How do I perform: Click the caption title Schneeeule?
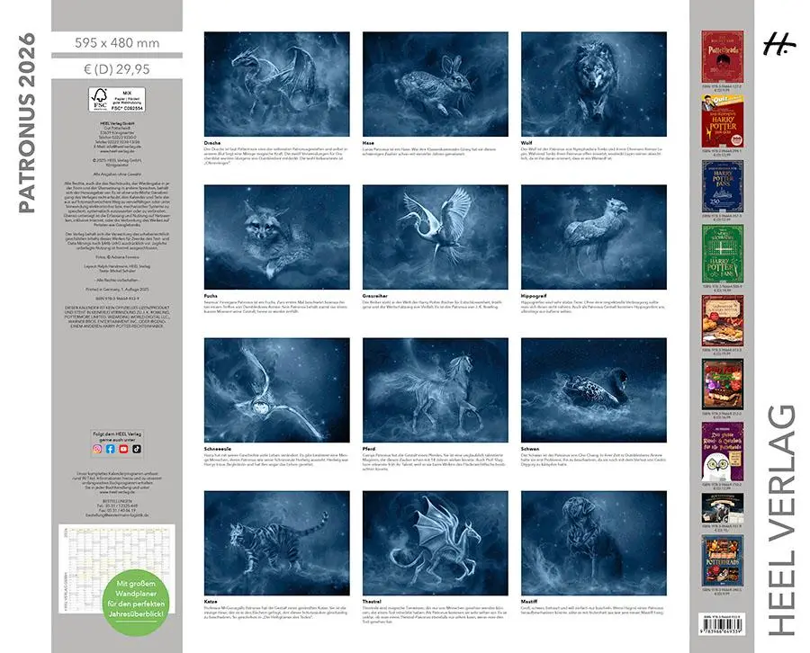point(220,448)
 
